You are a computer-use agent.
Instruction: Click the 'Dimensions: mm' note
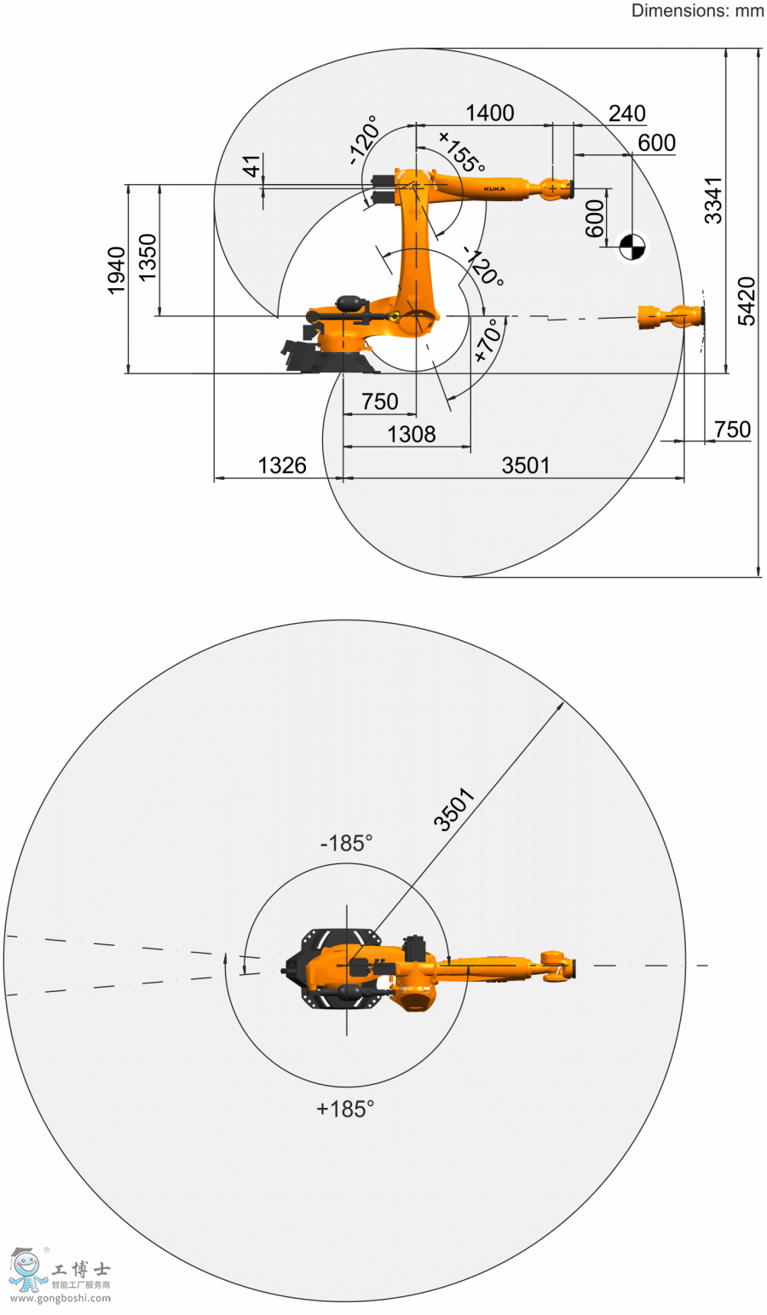[697, 10]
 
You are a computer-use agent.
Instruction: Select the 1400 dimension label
[489, 112]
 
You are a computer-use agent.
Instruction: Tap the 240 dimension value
[626, 113]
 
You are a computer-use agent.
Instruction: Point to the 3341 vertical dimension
[713, 200]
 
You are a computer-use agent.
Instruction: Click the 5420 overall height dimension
[747, 301]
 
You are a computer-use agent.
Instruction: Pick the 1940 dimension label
[116, 270]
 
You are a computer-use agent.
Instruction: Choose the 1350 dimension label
[147, 257]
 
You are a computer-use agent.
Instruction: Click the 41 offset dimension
[251, 166]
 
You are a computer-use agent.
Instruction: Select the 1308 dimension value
[412, 435]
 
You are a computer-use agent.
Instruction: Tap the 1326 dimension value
[282, 465]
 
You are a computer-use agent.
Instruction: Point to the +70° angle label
[489, 341]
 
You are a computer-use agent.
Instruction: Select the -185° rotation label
[346, 844]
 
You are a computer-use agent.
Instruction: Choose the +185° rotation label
[345, 1109]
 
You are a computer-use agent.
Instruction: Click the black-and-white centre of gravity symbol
[632, 246]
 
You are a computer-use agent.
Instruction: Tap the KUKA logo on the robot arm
[494, 189]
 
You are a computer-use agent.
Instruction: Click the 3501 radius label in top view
[453, 810]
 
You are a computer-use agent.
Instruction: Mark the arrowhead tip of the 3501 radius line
[564, 701]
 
